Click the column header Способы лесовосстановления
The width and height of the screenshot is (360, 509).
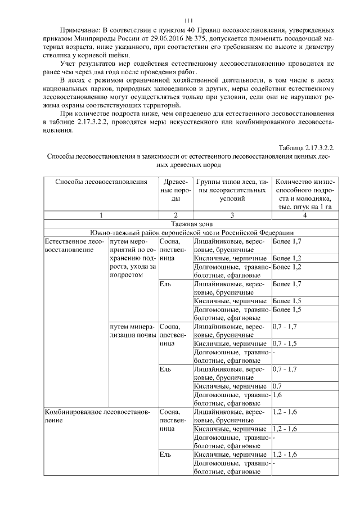[x=101, y=182]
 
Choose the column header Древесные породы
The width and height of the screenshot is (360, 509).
[x=175, y=191]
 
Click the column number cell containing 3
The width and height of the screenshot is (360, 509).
[x=232, y=215]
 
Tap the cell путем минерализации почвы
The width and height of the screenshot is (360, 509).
[x=133, y=331]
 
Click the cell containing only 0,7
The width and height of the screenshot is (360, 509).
[x=277, y=386]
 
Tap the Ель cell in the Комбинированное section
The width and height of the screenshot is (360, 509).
[x=165, y=454]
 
